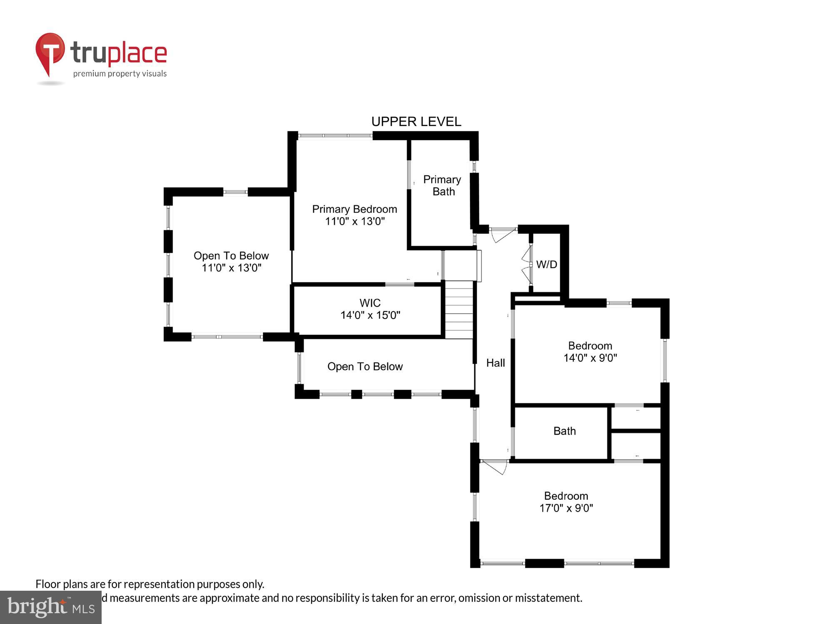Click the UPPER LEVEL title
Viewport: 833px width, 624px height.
tap(416, 121)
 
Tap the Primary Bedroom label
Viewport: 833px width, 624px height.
tap(354, 209)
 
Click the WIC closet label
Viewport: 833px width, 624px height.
tap(370, 303)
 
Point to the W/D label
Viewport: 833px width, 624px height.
tap(546, 265)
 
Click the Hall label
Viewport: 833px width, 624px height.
tap(495, 363)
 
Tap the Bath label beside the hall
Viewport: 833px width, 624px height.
tap(564, 431)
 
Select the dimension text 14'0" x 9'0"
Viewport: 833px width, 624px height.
tap(590, 358)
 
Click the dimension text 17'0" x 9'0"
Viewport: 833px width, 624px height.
tap(566, 508)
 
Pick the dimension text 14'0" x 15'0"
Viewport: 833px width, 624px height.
tap(370, 315)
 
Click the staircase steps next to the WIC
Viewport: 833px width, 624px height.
tap(459, 310)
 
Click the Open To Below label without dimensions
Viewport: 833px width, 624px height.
tap(365, 366)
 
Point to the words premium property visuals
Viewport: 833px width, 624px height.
tap(120, 74)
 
